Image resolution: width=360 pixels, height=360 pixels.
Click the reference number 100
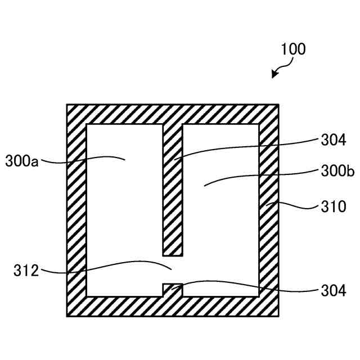(x=294, y=49)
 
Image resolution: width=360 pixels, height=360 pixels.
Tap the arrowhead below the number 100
(x=274, y=75)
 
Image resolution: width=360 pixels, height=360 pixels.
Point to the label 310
(x=334, y=206)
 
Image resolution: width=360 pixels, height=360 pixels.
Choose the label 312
(x=26, y=271)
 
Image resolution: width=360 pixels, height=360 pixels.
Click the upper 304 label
(x=334, y=139)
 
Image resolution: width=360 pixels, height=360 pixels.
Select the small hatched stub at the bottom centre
(x=173, y=289)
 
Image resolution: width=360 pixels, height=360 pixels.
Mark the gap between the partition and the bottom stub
(x=173, y=269)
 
